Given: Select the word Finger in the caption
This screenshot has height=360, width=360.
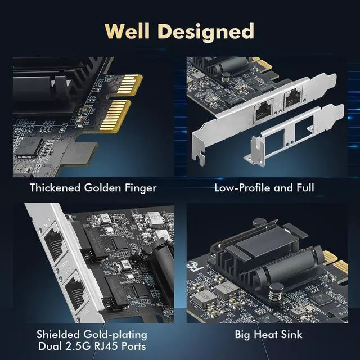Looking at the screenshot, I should [x=141, y=187].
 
